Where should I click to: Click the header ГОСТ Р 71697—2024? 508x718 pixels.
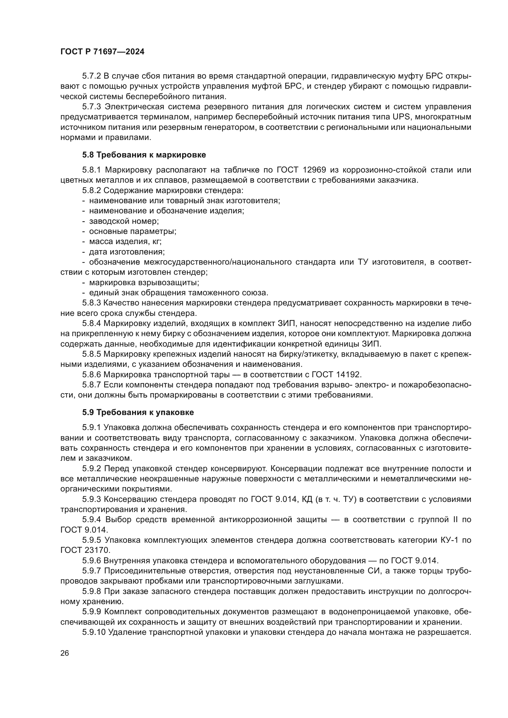[x=102, y=52]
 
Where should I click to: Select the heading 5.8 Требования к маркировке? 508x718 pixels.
[x=144, y=155]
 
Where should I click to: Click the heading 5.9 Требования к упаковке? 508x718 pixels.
[x=138, y=412]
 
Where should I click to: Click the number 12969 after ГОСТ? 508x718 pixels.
[x=315, y=170]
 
